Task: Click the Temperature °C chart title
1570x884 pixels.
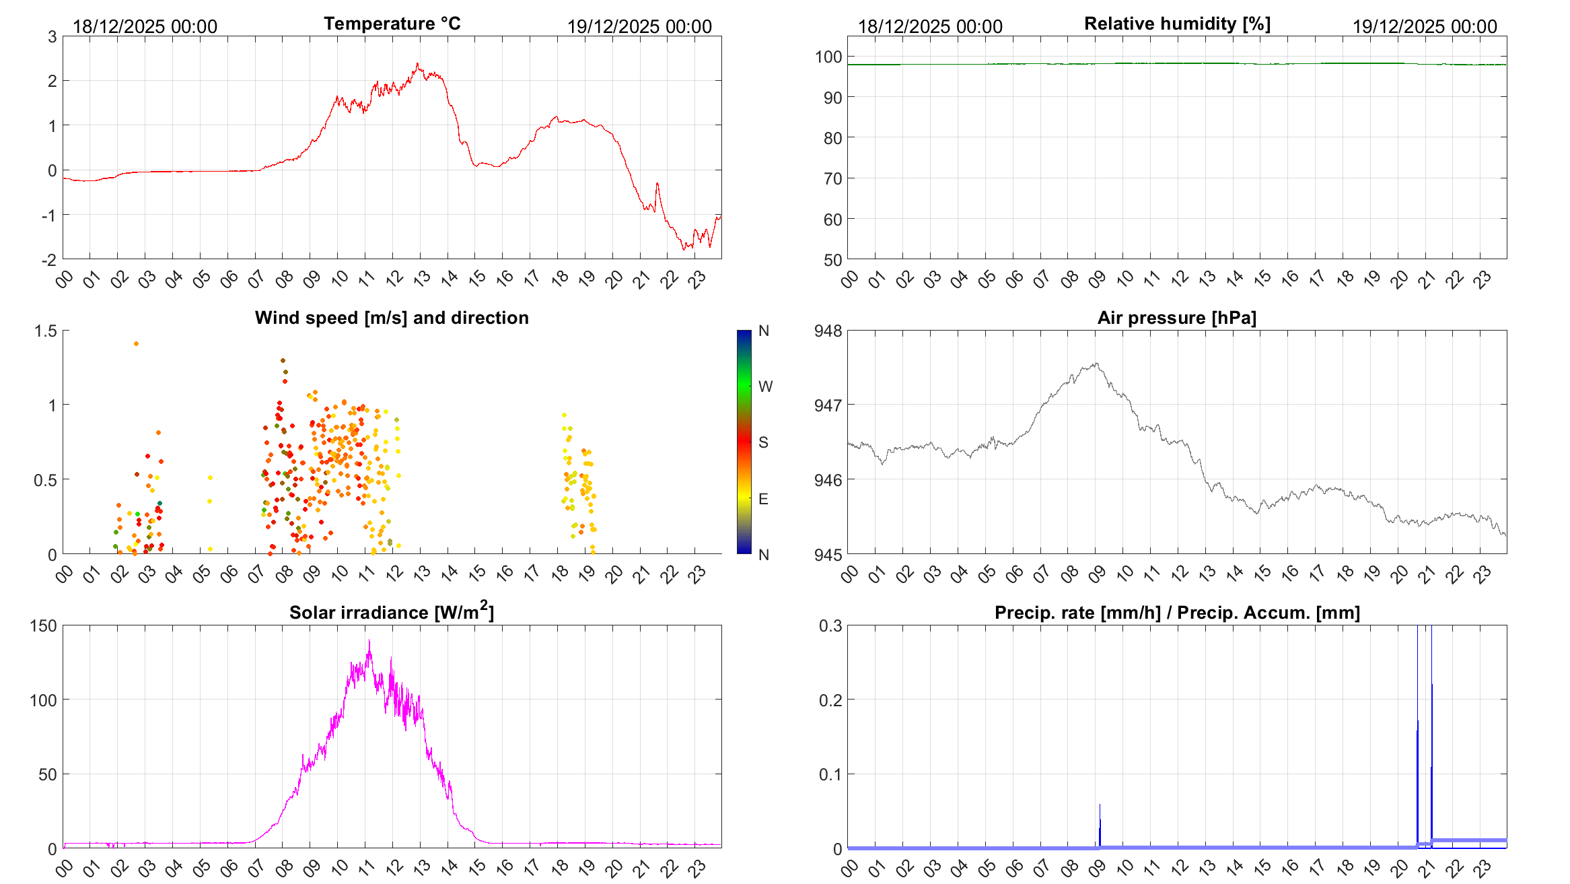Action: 392,24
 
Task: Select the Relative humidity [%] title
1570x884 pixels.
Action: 1177,24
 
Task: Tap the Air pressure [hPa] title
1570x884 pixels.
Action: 1176,318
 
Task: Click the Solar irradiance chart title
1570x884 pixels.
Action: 392,612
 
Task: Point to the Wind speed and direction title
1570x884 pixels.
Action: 392,318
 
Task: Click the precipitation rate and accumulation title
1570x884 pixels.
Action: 1177,613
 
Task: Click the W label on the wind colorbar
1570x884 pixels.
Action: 765,386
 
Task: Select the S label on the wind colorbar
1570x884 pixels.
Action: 763,442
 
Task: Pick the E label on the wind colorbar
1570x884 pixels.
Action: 763,499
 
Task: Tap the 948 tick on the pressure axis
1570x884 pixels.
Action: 828,331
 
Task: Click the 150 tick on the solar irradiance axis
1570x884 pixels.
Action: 44,625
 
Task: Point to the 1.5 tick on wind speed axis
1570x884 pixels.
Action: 46,331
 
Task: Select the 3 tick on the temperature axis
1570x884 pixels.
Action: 52,36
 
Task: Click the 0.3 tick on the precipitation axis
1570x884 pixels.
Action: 830,625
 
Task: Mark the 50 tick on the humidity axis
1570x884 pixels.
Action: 832,260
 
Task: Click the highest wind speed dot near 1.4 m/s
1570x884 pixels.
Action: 136,343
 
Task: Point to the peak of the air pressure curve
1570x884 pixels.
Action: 1096,364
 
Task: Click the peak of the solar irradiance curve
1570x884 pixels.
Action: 369,641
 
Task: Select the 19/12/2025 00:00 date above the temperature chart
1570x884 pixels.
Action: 639,27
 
